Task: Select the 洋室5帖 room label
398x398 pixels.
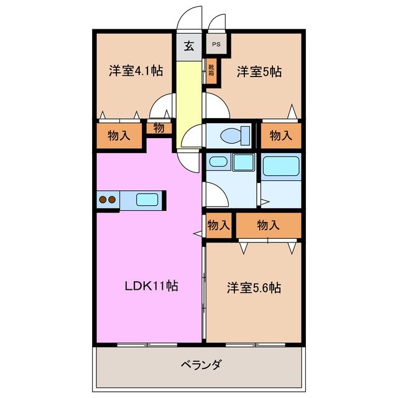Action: [259, 72]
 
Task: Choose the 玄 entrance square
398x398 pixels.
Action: [189, 46]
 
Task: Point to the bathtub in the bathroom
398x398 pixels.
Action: [281, 167]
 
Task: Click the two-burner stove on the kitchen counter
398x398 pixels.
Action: [106, 200]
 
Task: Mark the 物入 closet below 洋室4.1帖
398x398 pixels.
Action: [119, 136]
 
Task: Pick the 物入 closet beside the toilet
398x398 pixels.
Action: [280, 135]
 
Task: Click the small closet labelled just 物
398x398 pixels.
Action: [159, 129]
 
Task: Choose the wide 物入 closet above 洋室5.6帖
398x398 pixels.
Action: [268, 225]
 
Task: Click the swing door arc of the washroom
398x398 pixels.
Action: [215, 196]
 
